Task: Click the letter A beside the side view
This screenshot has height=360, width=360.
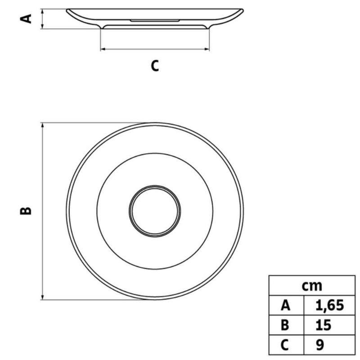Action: coord(26,19)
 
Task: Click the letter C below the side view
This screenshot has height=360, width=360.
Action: coord(155,66)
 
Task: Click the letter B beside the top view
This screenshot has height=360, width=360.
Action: coord(26,211)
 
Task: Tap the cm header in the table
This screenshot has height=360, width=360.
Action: coord(312,286)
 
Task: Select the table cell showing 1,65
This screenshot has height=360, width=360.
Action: coord(329,306)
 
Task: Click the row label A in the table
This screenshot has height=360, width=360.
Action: coord(285,306)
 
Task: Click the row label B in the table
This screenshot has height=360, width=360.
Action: coord(285,325)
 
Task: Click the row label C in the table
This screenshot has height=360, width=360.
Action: coord(284,345)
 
